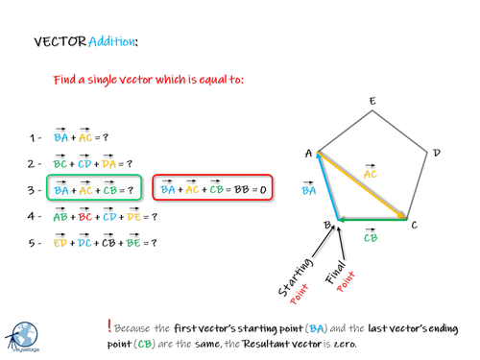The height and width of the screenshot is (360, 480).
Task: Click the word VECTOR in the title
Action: pyautogui.click(x=59, y=42)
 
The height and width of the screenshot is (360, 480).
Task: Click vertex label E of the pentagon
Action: pyautogui.click(x=372, y=101)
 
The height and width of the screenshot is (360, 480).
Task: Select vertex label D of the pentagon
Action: pyautogui.click(x=437, y=153)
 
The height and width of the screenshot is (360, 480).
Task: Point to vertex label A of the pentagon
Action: pyautogui.click(x=308, y=153)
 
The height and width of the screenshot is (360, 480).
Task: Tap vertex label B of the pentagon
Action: pyautogui.click(x=326, y=226)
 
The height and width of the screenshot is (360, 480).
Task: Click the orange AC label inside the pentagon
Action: pyautogui.click(x=371, y=173)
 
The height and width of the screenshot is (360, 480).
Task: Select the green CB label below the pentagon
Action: pyautogui.click(x=370, y=237)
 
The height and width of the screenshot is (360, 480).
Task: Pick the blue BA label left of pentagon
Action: pyautogui.click(x=308, y=190)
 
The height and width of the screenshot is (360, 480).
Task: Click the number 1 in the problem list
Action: pyautogui.click(x=32, y=137)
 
